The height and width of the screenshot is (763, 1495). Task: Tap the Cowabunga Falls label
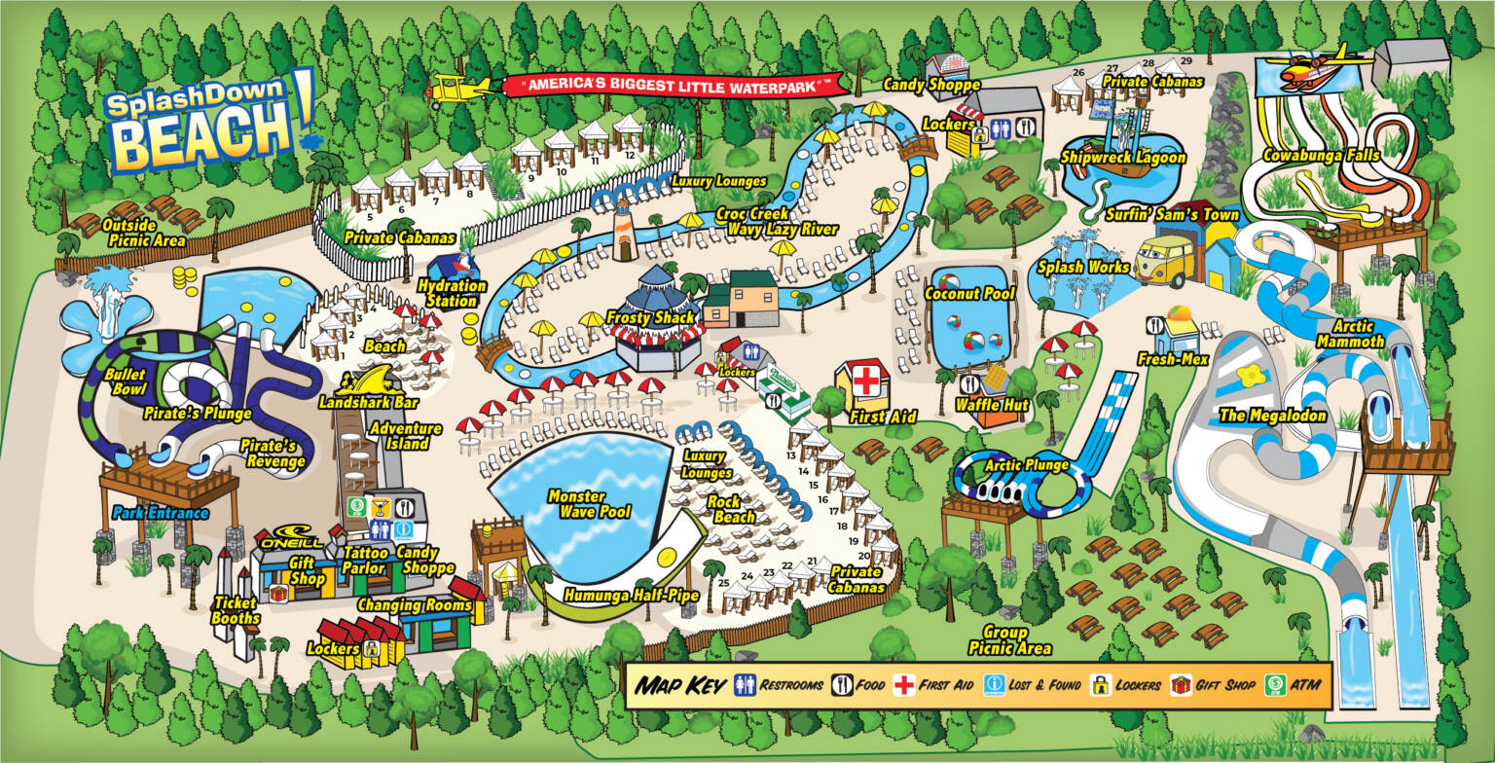(1321, 156)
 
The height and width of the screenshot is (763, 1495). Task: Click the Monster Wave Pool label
(588, 503)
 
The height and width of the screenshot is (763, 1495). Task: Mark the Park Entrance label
(161, 512)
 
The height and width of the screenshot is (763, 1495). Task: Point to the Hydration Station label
(451, 293)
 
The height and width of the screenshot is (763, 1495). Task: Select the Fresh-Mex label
(1173, 359)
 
